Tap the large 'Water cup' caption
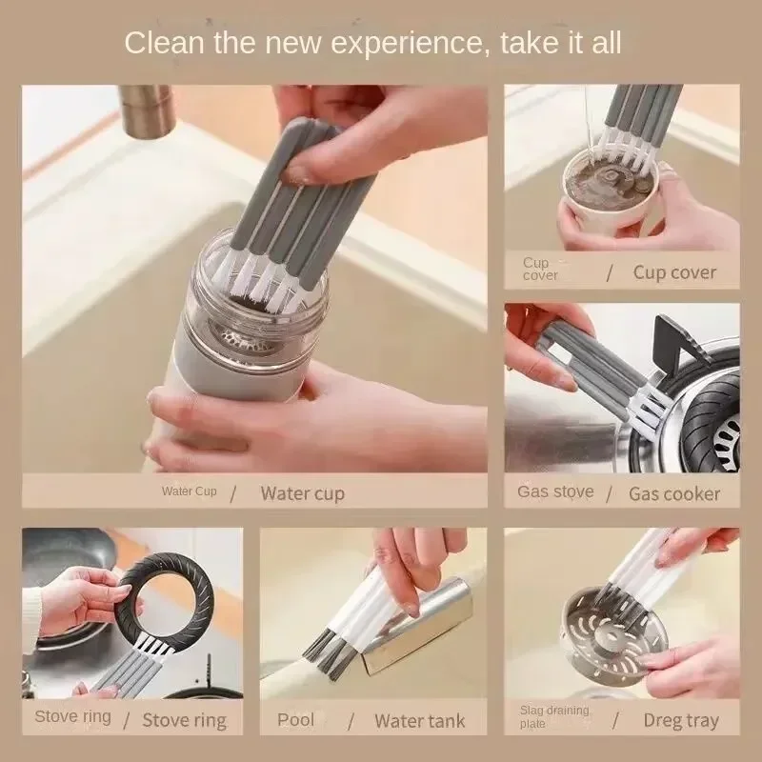(x=302, y=493)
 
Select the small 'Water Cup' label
(x=189, y=491)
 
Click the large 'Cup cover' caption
(x=674, y=272)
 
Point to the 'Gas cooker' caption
(x=674, y=493)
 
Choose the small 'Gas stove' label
(x=555, y=491)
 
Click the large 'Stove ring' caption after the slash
(x=185, y=720)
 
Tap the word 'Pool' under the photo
(x=295, y=719)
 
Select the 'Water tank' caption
(x=420, y=721)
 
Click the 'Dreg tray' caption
(x=681, y=721)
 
